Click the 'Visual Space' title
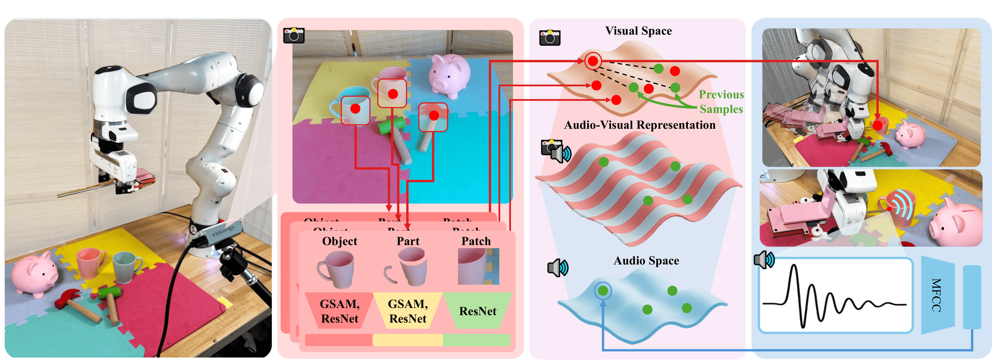point(638,31)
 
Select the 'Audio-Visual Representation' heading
point(639,125)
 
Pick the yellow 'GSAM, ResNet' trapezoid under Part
point(408,311)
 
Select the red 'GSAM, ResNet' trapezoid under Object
point(340,311)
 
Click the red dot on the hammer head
point(434,115)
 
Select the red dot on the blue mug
point(355,109)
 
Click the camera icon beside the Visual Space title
point(549,38)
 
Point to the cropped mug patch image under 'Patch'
point(478,266)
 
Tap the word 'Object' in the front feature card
point(340,241)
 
